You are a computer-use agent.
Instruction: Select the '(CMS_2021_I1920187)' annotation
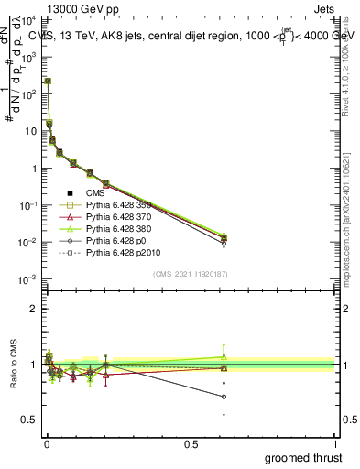coord(190,273)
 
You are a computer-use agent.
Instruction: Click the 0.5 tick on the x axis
coord(191,444)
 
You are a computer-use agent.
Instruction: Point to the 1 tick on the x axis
coord(335,444)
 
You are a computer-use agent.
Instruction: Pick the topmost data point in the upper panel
coord(48,81)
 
